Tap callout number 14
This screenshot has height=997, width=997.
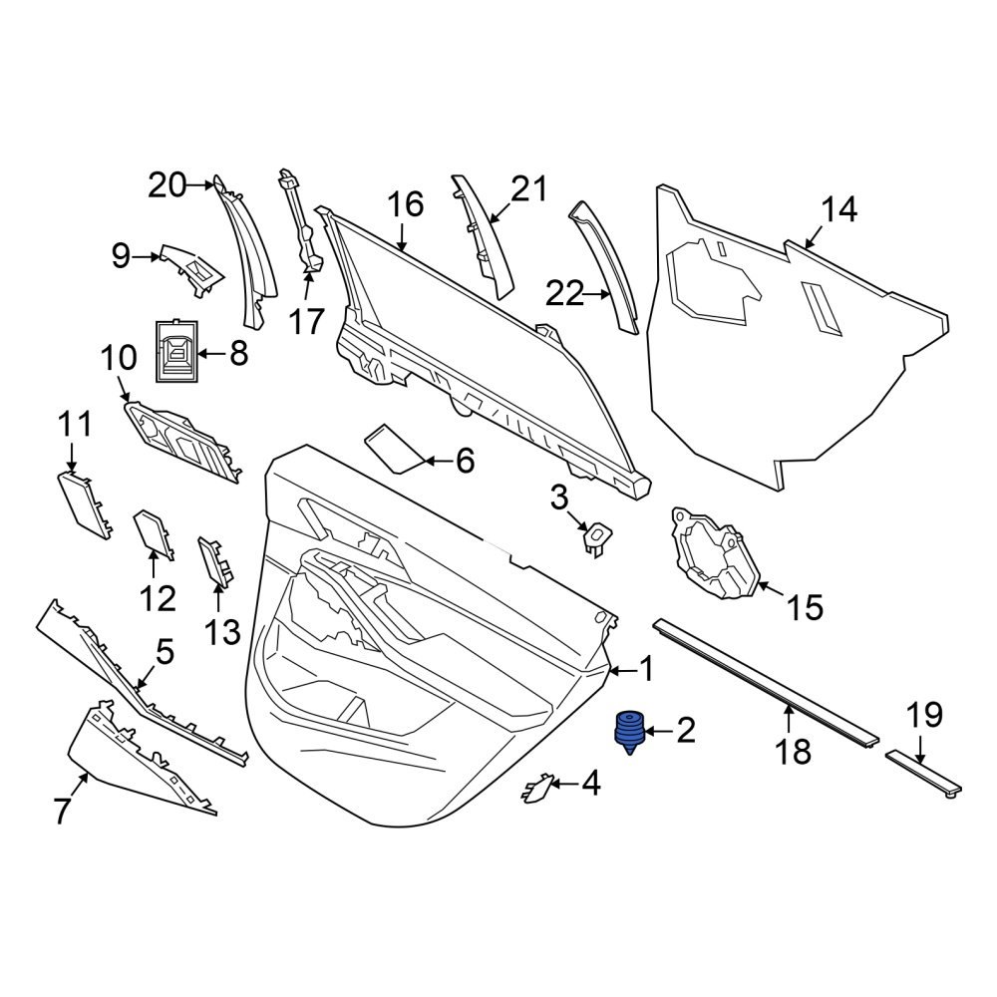click(838, 211)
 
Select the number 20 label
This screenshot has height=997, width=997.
click(168, 184)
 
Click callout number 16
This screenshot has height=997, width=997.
click(406, 205)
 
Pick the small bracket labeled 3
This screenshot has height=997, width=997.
click(596, 536)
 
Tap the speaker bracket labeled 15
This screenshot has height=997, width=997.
click(714, 554)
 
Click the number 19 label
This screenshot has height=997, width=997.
click(923, 715)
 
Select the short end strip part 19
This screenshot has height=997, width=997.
click(923, 773)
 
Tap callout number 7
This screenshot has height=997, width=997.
click(62, 812)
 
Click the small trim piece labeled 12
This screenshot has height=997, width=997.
click(152, 532)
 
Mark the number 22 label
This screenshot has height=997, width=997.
click(564, 294)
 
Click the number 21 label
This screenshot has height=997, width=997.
click(529, 188)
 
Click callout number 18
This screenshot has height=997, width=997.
click(795, 750)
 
